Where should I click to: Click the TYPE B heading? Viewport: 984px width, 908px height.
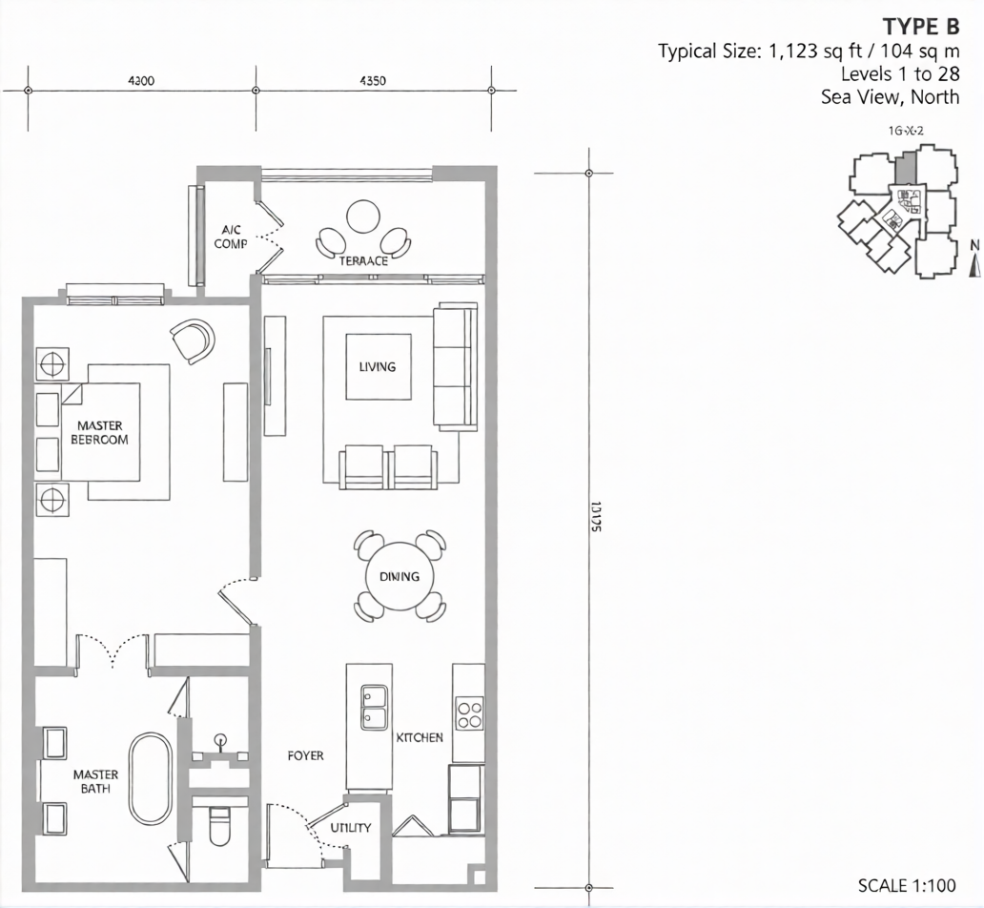920,26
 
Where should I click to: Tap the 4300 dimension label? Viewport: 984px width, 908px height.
140,81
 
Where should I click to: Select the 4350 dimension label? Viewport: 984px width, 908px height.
372,81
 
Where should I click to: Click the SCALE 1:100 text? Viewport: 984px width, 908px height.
907,885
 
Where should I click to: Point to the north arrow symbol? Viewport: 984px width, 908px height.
974,260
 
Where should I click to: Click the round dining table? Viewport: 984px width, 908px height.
400,577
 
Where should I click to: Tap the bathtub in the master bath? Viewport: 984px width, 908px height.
150,778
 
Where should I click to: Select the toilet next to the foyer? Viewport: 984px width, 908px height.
219,826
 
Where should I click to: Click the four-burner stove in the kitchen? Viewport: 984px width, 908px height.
469,712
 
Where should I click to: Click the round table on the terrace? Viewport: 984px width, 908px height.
363,217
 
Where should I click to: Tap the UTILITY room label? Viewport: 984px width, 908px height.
351,828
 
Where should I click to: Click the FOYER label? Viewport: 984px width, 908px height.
305,755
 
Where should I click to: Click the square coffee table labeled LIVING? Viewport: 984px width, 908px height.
378,366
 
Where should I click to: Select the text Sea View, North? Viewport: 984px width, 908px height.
890,96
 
